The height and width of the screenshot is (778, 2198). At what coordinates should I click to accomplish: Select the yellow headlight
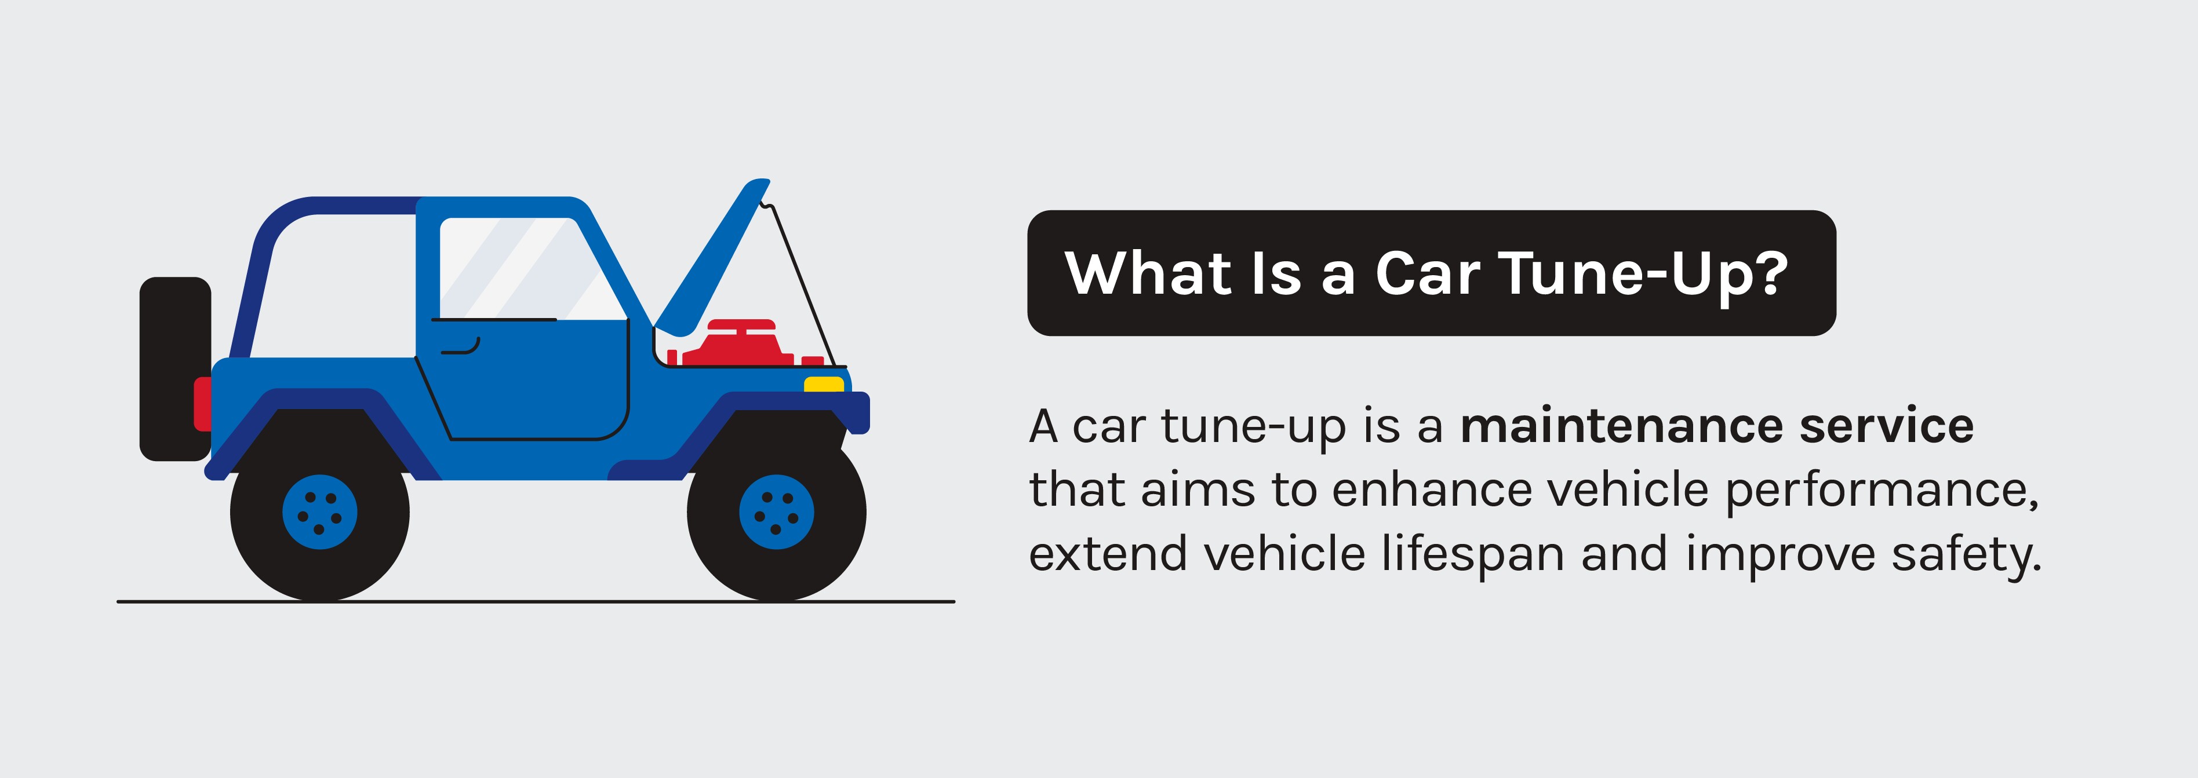point(824,384)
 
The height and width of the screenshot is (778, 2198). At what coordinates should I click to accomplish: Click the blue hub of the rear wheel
point(320,512)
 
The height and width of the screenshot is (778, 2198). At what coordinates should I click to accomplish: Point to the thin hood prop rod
point(802,282)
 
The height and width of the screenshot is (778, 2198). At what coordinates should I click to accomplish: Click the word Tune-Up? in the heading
point(1643,274)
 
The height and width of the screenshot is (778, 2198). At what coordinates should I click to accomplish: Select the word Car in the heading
point(1426,274)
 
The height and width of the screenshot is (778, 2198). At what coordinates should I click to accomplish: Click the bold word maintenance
point(1621,426)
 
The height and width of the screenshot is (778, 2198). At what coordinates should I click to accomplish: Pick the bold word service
point(1886,426)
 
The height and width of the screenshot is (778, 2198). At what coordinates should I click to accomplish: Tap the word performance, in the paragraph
point(1882,491)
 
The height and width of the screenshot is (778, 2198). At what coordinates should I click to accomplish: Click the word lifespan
point(1472,554)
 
